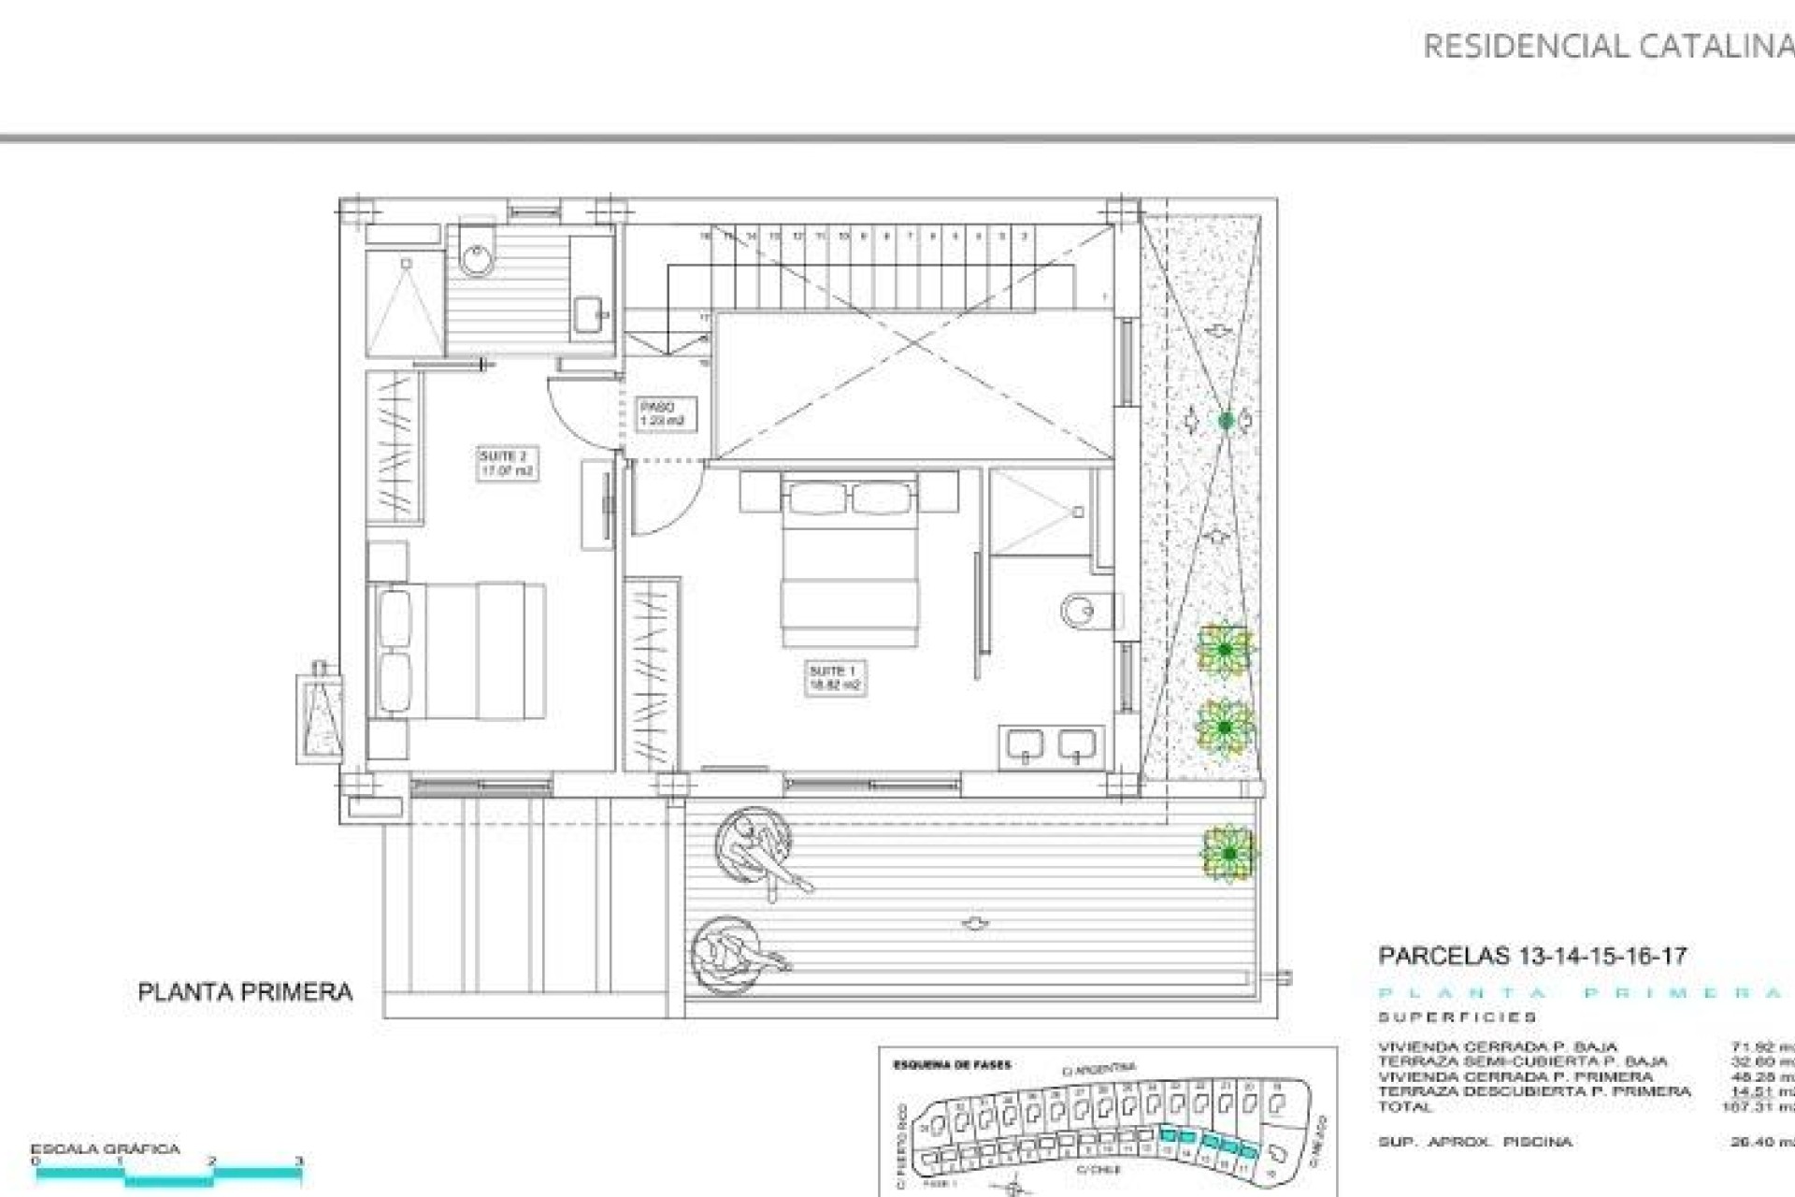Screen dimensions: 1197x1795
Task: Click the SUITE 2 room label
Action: tap(506, 464)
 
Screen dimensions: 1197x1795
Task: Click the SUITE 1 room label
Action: tap(833, 678)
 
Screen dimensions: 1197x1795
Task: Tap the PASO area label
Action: tap(661, 413)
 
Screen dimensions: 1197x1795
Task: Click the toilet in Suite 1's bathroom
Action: tap(1084, 611)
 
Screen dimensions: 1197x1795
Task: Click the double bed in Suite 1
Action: tap(850, 561)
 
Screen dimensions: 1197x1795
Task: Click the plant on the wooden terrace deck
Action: tap(1228, 853)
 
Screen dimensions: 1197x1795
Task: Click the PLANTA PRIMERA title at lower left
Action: tap(245, 992)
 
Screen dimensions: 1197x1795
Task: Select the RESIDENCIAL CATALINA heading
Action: tap(1606, 46)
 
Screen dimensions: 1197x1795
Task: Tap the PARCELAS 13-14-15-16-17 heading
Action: tap(1532, 956)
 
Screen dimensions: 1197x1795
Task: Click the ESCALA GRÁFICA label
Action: tap(105, 1148)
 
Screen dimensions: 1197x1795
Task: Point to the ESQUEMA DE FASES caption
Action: tap(952, 1065)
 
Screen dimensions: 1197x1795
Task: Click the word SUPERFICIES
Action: tap(1457, 1017)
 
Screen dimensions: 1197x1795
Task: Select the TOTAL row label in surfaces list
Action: tap(1404, 1107)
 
